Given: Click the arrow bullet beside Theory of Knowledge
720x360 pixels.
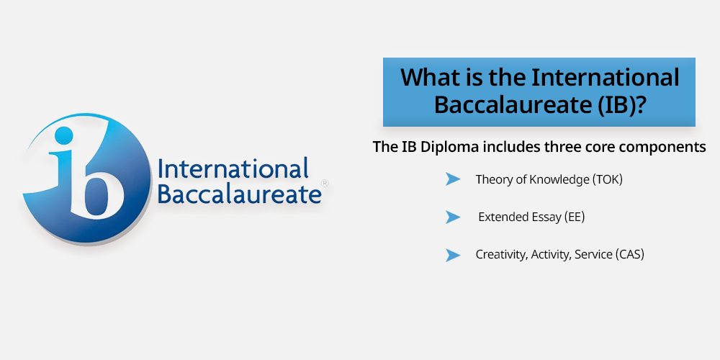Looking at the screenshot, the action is coord(452,179).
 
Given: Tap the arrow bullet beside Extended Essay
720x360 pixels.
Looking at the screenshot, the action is coord(452,217).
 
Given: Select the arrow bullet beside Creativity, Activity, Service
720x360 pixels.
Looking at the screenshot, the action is coord(452,255).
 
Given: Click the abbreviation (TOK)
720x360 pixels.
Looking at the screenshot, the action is coord(606,179).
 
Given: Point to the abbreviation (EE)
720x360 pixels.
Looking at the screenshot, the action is coord(574,217).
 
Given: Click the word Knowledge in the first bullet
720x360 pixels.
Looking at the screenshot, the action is coord(559,179).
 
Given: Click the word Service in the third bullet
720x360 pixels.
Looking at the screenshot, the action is coord(593,254).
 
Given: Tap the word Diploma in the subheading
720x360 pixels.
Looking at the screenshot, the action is coord(454,148).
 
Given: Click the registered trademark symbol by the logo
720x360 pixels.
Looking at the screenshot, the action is coord(325,183).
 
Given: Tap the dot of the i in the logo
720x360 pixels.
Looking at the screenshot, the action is coord(63,135).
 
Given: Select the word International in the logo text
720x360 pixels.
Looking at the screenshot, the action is coord(233,169).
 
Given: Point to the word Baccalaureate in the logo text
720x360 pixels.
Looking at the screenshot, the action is coord(239,194).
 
